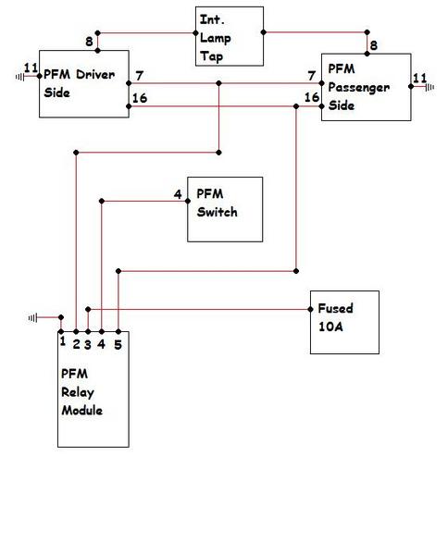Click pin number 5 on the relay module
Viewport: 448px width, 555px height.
pos(118,344)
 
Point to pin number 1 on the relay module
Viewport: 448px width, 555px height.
pos(63,341)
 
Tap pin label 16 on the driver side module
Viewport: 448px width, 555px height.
pos(140,98)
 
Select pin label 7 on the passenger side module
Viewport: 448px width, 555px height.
pos(311,76)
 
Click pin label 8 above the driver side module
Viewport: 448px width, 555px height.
pos(89,42)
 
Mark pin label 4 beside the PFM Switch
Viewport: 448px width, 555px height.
pos(178,194)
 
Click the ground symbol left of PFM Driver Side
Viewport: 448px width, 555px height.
pos(20,77)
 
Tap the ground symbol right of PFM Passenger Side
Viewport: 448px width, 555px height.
pos(429,87)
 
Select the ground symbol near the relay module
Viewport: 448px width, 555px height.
pos(32,318)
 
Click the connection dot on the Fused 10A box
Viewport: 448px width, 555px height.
pos(310,309)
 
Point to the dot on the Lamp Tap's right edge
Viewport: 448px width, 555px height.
pos(264,32)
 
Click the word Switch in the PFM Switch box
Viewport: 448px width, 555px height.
pos(218,212)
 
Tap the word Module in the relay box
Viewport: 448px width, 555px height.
pos(81,411)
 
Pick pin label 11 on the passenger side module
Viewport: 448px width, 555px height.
pos(420,78)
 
